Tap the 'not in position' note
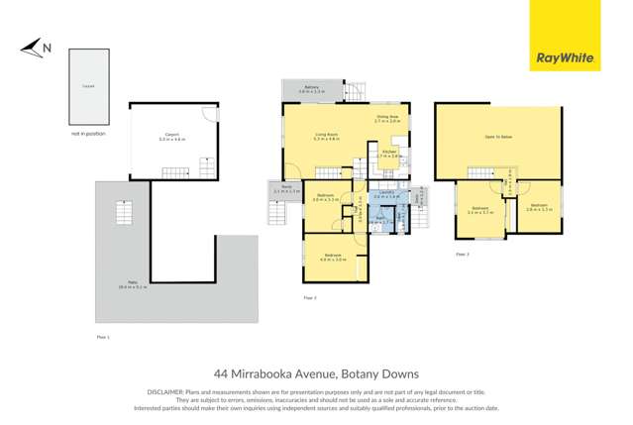pyautogui.click(x=87, y=133)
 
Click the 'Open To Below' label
pyautogui.click(x=498, y=138)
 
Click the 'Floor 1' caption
pyautogui.click(x=102, y=338)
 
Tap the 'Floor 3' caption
pyautogui.click(x=462, y=255)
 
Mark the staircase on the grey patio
pyautogui.click(x=125, y=213)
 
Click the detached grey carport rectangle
pyautogui.click(x=88, y=87)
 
